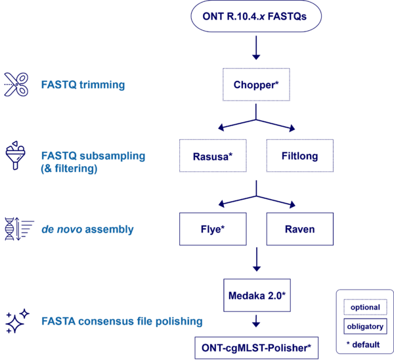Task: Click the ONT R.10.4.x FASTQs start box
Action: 256,16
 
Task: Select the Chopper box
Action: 256,84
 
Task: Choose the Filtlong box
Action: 299,156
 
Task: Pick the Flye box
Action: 213,229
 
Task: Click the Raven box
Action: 299,229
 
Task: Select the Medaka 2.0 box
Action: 256,294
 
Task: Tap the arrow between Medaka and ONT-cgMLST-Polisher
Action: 256,321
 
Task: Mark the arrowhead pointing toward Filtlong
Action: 292,128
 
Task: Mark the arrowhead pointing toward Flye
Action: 221,202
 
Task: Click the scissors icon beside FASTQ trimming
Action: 16,85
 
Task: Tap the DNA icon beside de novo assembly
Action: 16,229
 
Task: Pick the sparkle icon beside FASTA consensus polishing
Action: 16,321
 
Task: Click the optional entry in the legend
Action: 364,307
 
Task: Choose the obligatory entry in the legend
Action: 364,325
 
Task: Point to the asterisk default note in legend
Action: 364,343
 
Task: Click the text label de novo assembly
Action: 87,229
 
